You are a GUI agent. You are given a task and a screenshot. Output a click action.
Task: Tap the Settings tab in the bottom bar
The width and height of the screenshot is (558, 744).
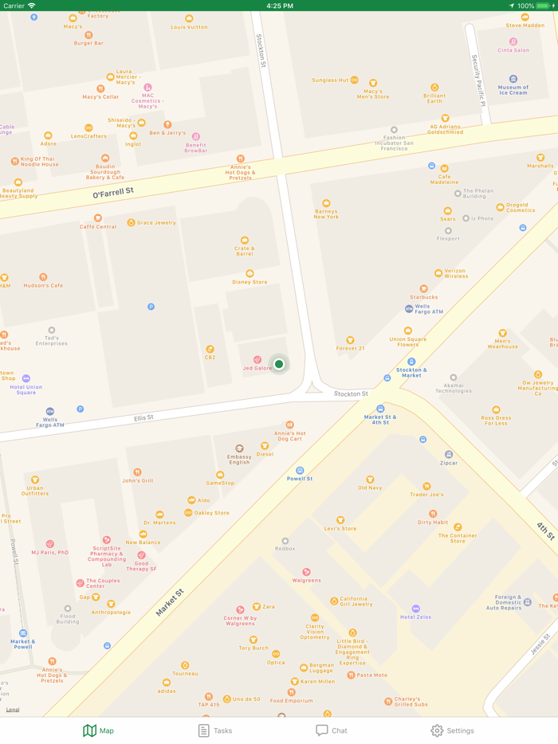(x=452, y=730)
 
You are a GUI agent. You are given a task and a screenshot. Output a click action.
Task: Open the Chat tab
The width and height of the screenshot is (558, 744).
(x=332, y=730)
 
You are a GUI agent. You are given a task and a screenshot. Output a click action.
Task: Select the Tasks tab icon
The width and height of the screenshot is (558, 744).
(x=204, y=730)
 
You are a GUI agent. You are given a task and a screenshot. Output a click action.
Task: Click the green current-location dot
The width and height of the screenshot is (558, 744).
(x=279, y=364)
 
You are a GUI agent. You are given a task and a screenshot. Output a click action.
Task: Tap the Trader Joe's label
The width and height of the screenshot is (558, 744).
(x=426, y=494)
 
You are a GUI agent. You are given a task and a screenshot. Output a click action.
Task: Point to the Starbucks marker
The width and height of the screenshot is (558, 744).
(x=424, y=289)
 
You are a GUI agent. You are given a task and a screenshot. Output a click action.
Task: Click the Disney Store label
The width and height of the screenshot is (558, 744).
(x=250, y=281)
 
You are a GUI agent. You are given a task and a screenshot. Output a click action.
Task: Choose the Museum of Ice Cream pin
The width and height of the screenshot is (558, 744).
(x=513, y=80)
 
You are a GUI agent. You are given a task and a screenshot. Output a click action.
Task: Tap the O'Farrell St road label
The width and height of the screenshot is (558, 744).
(x=113, y=192)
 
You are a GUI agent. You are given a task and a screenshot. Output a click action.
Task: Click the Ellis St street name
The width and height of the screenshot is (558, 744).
(x=143, y=417)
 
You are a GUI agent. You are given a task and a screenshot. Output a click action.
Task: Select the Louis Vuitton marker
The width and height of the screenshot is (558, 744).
(x=189, y=18)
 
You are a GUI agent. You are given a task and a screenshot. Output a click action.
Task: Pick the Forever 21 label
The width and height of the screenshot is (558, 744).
(x=350, y=347)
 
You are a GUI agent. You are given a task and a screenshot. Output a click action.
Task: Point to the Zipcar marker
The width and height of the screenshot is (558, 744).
(x=449, y=455)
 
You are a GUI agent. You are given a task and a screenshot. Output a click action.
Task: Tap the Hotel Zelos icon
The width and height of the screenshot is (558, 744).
(x=415, y=609)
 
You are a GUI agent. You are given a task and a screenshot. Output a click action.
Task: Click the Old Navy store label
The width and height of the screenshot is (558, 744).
(x=370, y=488)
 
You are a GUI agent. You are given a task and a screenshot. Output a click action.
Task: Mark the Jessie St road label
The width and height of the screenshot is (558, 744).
(x=540, y=644)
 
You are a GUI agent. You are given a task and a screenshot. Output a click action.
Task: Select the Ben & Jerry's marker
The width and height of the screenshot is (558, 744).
(x=167, y=125)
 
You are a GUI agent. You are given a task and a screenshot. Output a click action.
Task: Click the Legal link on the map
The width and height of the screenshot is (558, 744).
(x=13, y=710)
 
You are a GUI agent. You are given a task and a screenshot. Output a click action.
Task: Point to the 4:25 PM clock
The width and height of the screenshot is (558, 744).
(x=279, y=6)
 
